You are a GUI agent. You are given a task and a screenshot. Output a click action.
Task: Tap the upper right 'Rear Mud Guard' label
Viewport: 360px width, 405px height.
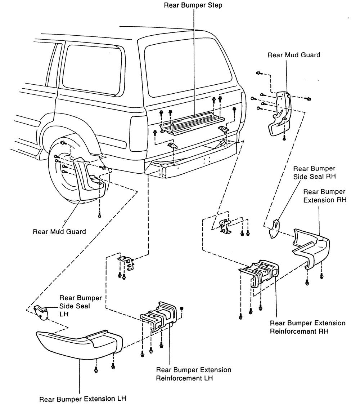click(294, 55)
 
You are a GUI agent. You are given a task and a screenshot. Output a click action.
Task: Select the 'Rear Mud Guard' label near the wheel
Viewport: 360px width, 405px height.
click(59, 231)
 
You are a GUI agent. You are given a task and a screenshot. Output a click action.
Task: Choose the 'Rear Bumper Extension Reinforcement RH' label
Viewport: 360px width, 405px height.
click(307, 326)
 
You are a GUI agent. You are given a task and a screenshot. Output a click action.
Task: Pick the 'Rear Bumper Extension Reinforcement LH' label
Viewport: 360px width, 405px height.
click(193, 374)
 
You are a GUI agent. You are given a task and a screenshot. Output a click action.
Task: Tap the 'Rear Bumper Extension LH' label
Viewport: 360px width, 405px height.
click(83, 399)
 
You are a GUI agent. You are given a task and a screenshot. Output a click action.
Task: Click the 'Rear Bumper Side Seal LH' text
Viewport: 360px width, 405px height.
click(81, 306)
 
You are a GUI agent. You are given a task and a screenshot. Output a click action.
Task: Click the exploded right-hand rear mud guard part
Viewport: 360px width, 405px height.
click(281, 115)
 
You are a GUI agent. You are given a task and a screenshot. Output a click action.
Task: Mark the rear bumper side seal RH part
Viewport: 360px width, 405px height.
click(275, 228)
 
